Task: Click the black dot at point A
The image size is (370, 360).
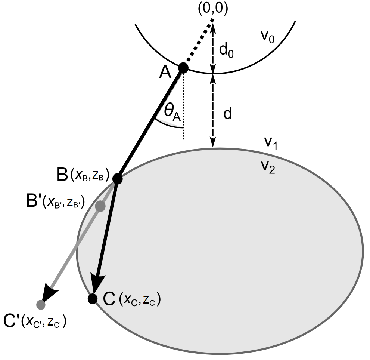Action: point(183,68)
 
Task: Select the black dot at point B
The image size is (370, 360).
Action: point(118,179)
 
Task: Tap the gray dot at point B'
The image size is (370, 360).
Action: point(100,206)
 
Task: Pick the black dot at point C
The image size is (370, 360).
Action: point(92,298)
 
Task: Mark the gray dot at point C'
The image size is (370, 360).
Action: point(41,305)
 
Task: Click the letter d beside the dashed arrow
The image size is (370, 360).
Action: point(227,114)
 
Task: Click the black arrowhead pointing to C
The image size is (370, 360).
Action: point(98,282)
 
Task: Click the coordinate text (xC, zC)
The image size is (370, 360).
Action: point(139,300)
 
